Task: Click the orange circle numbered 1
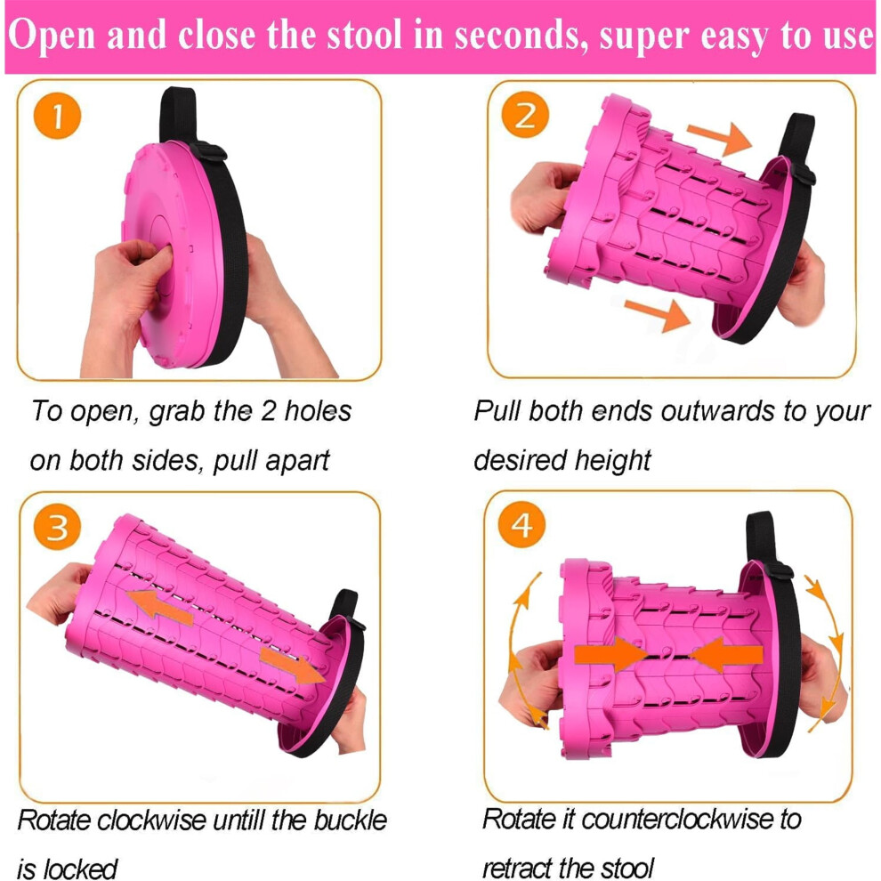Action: (x=57, y=116)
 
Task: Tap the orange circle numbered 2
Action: (x=525, y=115)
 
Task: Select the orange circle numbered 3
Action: (x=57, y=527)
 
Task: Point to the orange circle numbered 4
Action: (x=521, y=525)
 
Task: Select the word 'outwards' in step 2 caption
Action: (x=717, y=411)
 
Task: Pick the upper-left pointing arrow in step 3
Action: (x=160, y=606)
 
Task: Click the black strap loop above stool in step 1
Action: (x=178, y=115)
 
